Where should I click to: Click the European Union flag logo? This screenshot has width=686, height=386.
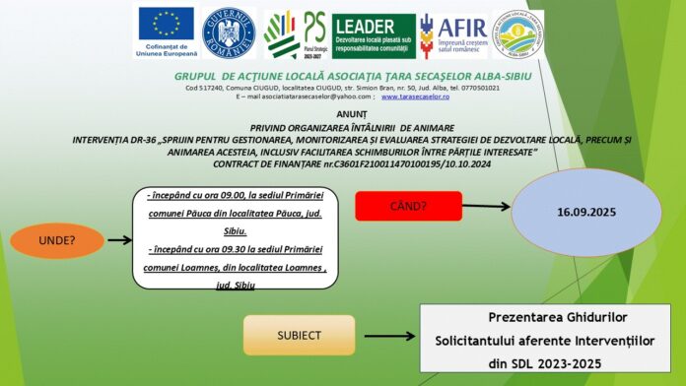[166, 27]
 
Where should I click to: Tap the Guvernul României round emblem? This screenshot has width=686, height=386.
[228, 33]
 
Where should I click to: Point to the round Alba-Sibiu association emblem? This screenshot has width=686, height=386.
[517, 34]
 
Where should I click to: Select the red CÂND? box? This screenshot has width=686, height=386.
[408, 206]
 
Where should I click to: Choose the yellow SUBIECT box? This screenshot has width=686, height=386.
[299, 335]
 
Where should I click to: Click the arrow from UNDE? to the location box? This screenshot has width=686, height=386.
[119, 239]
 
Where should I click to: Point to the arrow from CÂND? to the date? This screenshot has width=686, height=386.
[486, 207]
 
